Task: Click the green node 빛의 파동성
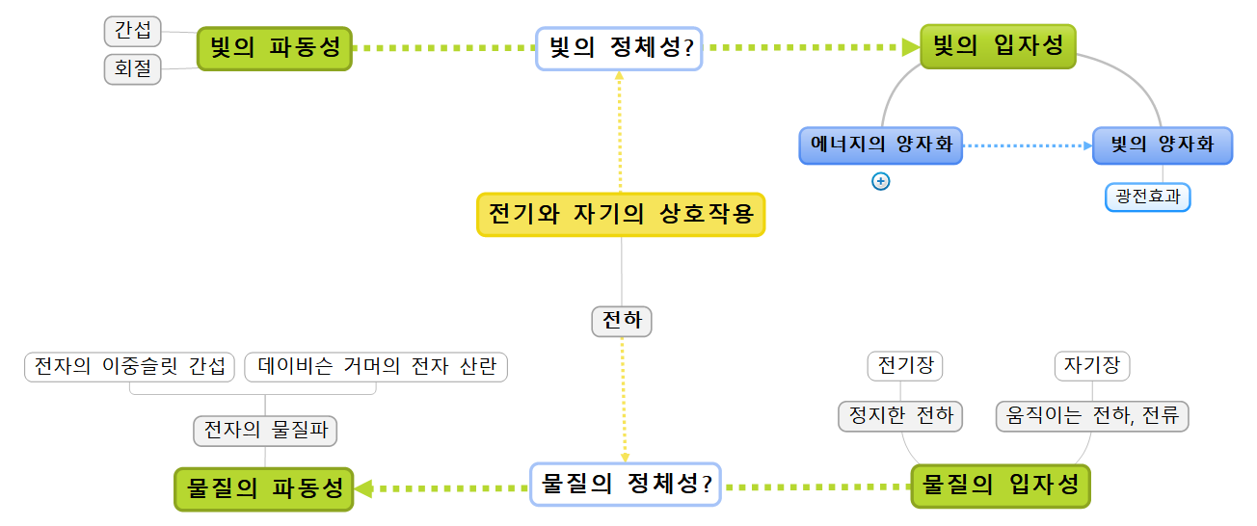click(x=275, y=48)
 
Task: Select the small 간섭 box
click(x=133, y=31)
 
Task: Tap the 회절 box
click(x=133, y=69)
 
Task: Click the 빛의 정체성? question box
click(x=619, y=48)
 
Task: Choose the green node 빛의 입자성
click(x=998, y=46)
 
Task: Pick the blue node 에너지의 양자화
click(x=880, y=145)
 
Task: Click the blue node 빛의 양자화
click(x=1162, y=145)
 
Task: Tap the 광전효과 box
click(x=1147, y=197)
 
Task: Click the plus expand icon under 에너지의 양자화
click(x=880, y=181)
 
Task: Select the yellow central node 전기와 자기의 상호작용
click(x=620, y=214)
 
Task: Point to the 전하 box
click(x=622, y=321)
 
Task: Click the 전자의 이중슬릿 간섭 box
click(x=129, y=367)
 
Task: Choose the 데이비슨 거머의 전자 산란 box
click(x=376, y=367)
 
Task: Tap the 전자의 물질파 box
click(x=265, y=430)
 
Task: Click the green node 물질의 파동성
click(x=264, y=488)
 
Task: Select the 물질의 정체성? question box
click(x=627, y=484)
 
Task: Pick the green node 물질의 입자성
click(x=1001, y=486)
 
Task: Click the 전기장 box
click(x=904, y=366)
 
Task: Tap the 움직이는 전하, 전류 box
click(x=1091, y=416)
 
